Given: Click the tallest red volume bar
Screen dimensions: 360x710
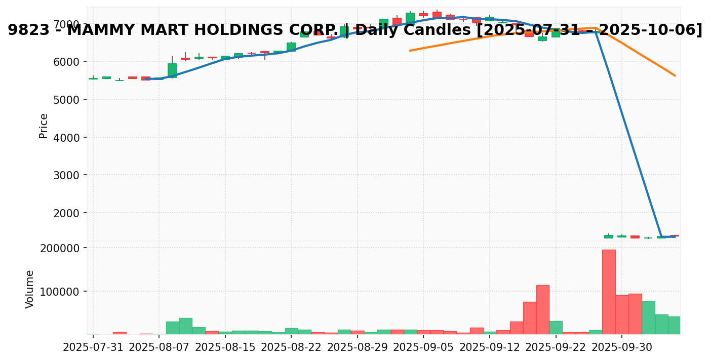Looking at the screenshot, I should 609,292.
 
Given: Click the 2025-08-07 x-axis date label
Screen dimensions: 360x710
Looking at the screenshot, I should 159,348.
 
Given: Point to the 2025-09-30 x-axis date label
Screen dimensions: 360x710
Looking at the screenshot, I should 622,348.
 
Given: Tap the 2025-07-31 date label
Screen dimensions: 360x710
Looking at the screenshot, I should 93,348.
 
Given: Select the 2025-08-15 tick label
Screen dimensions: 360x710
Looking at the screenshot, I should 225,348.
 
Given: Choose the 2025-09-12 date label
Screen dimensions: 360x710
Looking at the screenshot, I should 490,348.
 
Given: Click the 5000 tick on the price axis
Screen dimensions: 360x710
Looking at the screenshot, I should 66,100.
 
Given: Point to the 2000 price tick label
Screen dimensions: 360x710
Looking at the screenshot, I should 66,213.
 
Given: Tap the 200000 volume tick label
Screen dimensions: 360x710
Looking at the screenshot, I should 61,249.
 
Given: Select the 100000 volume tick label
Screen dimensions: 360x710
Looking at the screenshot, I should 61,292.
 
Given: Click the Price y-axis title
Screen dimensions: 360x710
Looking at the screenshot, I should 44,126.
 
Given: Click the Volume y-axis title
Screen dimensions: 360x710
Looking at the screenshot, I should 30,289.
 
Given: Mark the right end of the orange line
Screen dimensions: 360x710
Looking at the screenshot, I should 675,75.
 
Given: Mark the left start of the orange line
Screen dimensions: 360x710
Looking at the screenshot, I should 410,51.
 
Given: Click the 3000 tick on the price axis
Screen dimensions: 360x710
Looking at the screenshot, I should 66,175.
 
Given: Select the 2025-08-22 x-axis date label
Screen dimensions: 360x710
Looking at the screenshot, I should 291,348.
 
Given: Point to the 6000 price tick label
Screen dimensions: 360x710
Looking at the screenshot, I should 66,62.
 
